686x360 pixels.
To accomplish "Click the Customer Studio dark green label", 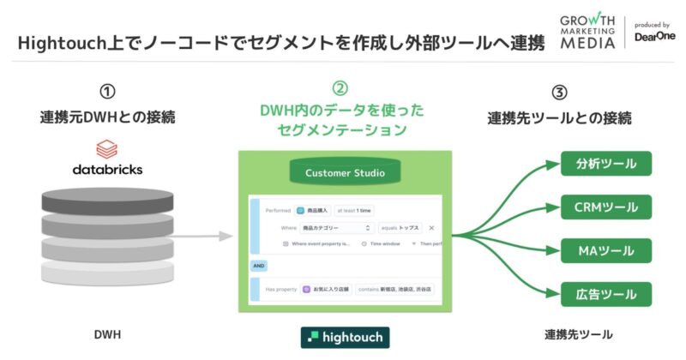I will click(346, 173).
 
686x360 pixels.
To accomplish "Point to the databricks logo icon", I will click(107, 150).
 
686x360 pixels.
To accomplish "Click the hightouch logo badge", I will click(346, 337).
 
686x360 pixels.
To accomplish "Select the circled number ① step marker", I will click(107, 92).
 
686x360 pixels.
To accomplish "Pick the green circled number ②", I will click(340, 89).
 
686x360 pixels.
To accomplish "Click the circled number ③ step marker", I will click(559, 92).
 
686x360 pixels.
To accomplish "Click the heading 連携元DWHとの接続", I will click(107, 117).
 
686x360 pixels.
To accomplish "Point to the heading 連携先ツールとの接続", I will click(559, 117).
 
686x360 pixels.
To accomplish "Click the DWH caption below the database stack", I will click(106, 333).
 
